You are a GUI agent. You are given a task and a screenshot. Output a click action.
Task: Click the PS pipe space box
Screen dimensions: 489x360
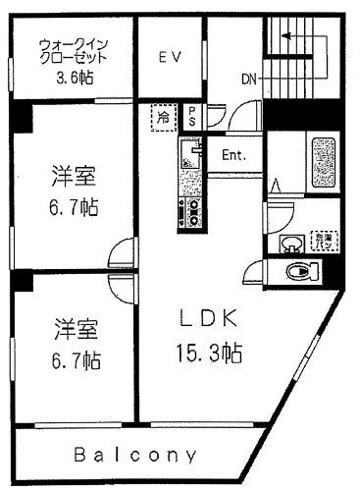[x=192, y=117]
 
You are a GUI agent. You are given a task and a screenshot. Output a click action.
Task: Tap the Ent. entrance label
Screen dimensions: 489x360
[x=233, y=155]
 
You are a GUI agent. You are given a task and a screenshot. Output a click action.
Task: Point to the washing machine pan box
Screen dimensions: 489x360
[x=321, y=240]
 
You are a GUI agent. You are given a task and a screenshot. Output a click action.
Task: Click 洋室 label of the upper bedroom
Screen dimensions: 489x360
[x=75, y=177]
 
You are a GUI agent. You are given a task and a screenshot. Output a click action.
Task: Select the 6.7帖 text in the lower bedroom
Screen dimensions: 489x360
[x=75, y=360]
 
